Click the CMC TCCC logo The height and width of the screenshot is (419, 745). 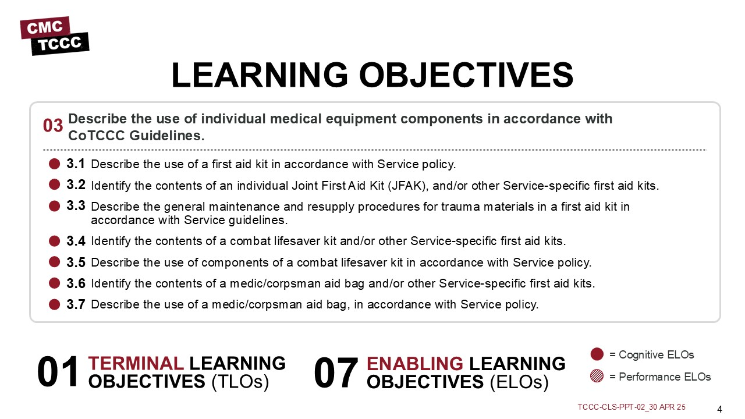[55, 36]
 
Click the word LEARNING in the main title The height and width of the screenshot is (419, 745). [260, 75]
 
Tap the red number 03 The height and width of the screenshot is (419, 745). [53, 126]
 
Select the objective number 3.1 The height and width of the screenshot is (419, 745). [76, 164]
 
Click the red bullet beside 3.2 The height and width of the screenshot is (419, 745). [54, 184]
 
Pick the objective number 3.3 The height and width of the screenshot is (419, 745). [76, 205]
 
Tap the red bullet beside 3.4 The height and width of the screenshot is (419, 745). [54, 241]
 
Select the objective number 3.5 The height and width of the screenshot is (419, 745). [76, 262]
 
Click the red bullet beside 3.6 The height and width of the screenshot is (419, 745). [54, 283]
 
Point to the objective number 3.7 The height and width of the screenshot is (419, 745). [76, 304]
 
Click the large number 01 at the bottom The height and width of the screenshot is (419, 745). [58, 372]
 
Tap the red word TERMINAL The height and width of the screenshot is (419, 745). [136, 363]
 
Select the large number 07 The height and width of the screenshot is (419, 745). [336, 372]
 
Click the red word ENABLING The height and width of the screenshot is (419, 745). [415, 364]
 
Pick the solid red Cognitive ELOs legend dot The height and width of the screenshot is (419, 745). [597, 354]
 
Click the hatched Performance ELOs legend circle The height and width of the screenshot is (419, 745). [597, 376]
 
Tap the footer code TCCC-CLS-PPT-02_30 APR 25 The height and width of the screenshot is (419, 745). [632, 407]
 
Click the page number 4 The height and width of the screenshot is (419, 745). [719, 409]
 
